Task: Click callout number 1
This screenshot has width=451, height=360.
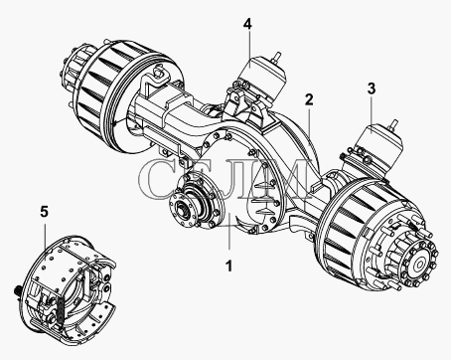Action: pyautogui.click(x=229, y=266)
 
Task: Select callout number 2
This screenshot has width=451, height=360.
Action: pyautogui.click(x=309, y=99)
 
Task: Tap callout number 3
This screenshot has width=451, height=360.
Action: pyautogui.click(x=372, y=89)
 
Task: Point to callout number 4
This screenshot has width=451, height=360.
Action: pyautogui.click(x=247, y=24)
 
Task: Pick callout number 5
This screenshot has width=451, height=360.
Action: pyautogui.click(x=45, y=211)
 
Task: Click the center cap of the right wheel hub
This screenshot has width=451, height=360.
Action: pyautogui.click(x=420, y=265)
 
